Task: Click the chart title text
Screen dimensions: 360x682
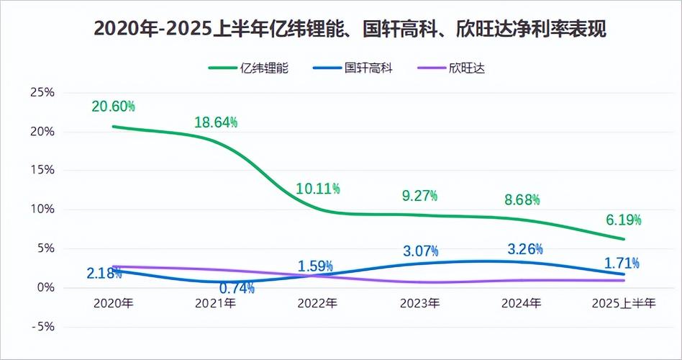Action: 341,30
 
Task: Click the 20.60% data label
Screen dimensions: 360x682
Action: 113,107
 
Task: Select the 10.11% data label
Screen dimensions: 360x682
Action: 318,189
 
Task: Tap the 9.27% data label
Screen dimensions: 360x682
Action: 419,195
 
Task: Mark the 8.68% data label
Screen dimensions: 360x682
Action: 522,199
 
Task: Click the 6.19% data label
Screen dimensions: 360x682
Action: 623,220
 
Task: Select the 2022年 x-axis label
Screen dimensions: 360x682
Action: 317,304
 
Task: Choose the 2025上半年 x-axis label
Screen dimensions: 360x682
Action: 623,304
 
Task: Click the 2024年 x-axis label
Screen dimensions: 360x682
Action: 521,304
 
